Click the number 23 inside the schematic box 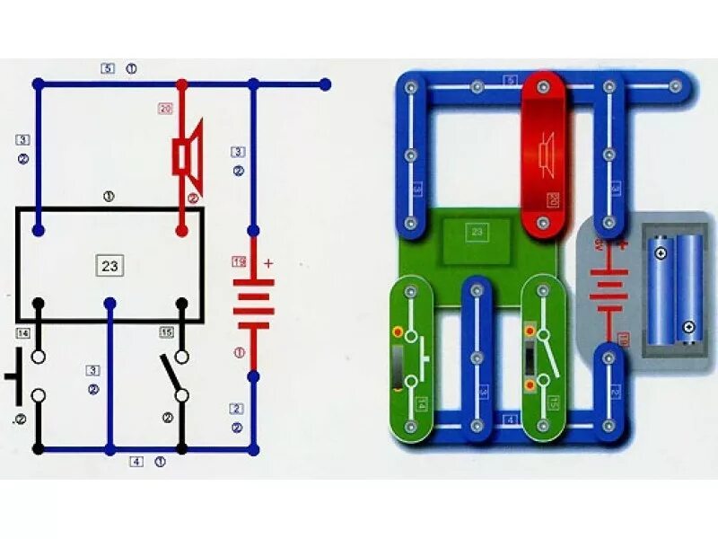(x=109, y=266)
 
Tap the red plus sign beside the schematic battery (x=267, y=263)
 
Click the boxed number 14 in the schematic (x=22, y=333)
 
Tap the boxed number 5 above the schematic (x=108, y=68)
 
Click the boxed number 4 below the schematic (x=136, y=462)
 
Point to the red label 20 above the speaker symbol (x=164, y=109)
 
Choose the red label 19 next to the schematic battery (x=238, y=261)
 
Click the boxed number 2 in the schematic (x=236, y=409)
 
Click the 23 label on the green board (x=477, y=231)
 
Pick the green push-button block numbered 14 (x=411, y=359)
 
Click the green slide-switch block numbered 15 (x=543, y=359)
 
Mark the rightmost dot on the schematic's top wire (x=325, y=84)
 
